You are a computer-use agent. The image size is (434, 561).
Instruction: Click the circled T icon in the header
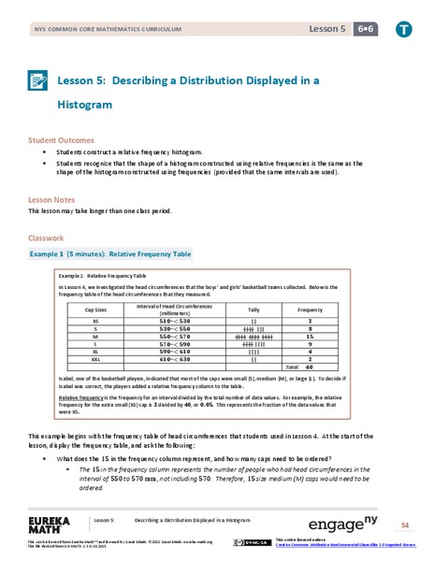click(x=402, y=30)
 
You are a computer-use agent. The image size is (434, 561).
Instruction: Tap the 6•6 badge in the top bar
click(x=359, y=30)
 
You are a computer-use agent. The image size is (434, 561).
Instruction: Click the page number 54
click(x=405, y=524)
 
